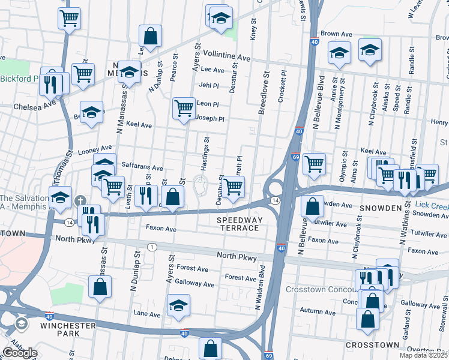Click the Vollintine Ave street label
[x=226, y=56]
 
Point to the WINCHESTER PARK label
[x=68, y=330]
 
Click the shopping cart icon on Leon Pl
[x=184, y=109]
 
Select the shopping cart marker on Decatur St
[x=233, y=188]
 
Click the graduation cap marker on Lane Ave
[x=178, y=305]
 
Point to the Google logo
[x=20, y=353]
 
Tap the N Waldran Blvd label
[x=261, y=288]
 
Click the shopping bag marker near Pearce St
[x=150, y=37]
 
